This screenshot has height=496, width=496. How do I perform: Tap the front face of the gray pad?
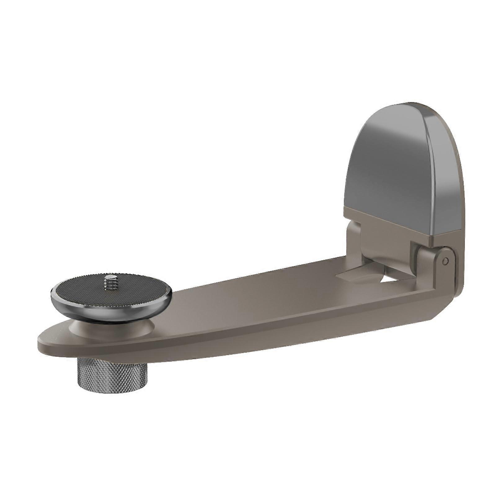tap(384, 167)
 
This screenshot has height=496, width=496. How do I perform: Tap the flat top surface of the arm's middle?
tap(248, 298)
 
